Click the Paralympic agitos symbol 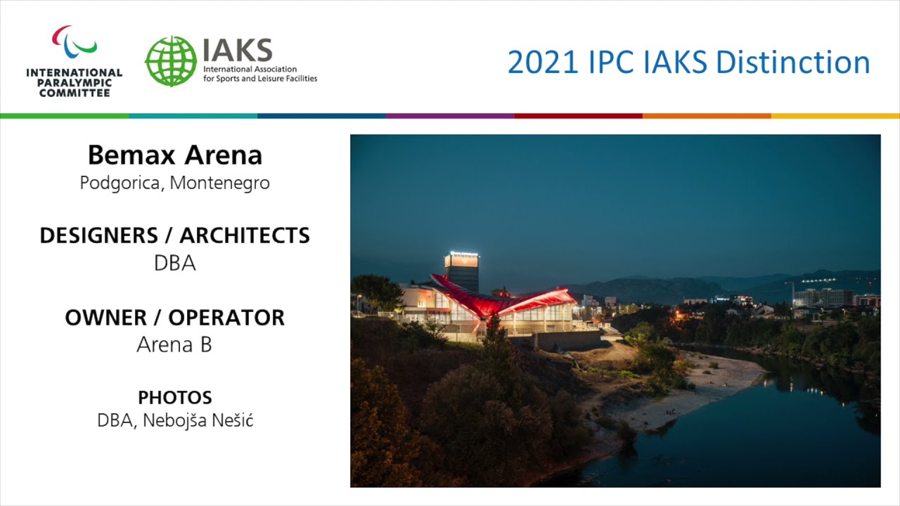pos(74,42)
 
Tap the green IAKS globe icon pos(171,61)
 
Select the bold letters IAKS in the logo pos(237,50)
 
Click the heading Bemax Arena pos(174,155)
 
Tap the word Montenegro pos(220,183)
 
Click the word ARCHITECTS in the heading pos(245,235)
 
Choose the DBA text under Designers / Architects pos(174,264)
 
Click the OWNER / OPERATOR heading pos(174,317)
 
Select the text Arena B pos(174,345)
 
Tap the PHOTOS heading pos(174,397)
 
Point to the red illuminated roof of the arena pos(506,299)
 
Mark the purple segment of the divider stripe pos(450,115)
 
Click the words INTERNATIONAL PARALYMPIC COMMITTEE pos(74,82)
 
